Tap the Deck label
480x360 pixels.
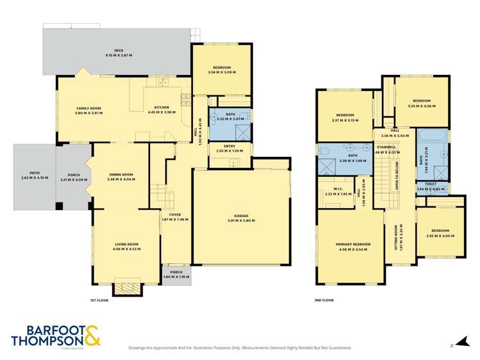119,52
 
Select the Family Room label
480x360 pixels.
89,109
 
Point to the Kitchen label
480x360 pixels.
161,108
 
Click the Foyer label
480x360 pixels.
175,215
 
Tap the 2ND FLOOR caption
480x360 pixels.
325,299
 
